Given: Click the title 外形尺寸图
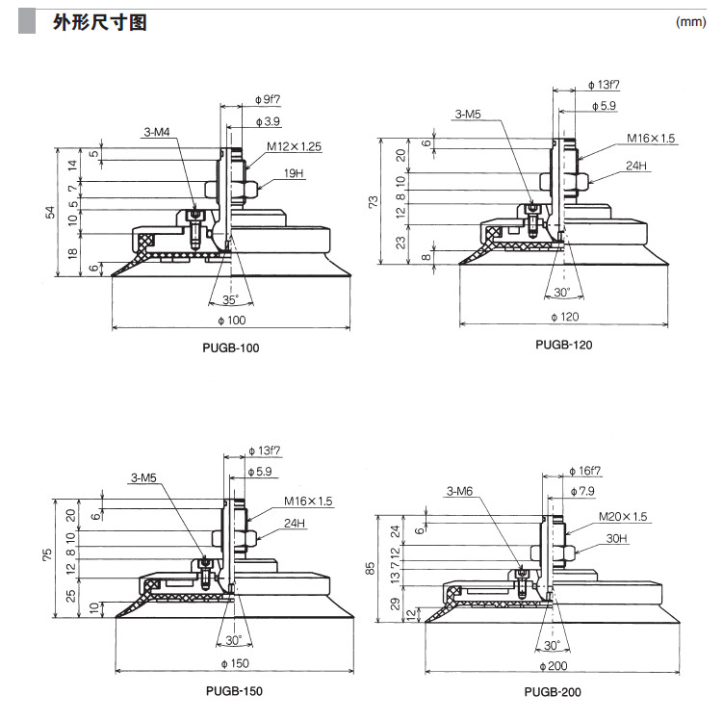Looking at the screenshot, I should (x=99, y=22).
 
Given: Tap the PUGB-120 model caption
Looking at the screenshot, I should (x=564, y=344).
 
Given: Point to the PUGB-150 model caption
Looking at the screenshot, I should (x=233, y=691).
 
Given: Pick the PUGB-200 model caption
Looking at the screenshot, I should (x=553, y=691).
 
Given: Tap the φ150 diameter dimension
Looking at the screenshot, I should (x=234, y=663).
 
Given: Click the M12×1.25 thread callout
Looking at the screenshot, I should (x=295, y=147).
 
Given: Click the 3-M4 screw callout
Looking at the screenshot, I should (x=159, y=132).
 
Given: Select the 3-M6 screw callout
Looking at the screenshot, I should (x=460, y=492).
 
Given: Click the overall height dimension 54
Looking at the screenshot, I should (x=51, y=213).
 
